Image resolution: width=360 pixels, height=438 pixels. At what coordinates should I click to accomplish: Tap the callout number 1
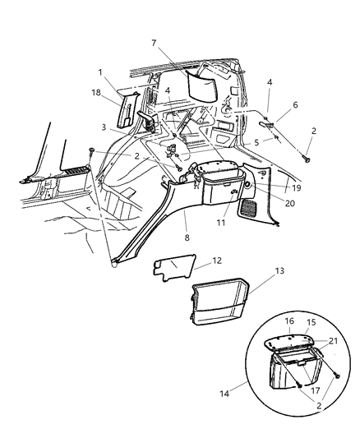(x=101, y=72)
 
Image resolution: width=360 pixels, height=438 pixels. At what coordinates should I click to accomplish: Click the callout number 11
(x=198, y=222)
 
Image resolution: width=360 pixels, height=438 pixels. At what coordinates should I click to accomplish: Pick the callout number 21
(x=333, y=340)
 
